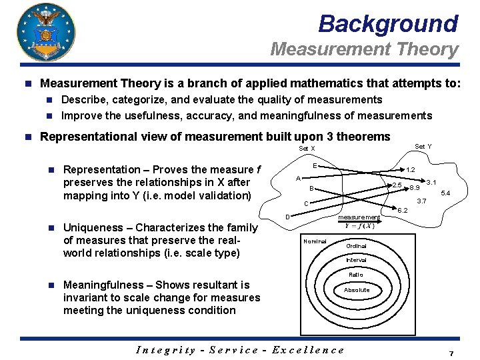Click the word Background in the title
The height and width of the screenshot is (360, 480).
click(388, 24)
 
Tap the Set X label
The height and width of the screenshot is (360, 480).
click(307, 148)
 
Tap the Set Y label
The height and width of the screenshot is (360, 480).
click(423, 146)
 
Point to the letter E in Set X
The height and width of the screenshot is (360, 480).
click(314, 165)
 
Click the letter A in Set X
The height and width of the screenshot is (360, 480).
click(298, 178)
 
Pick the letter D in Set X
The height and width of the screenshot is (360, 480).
click(287, 216)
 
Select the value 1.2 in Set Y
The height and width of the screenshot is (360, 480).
click(411, 170)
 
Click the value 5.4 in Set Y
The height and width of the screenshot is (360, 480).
click(446, 193)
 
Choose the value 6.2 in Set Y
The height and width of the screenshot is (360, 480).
click(402, 211)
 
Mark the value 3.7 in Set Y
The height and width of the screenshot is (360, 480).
click(421, 201)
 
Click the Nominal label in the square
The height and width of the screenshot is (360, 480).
click(315, 241)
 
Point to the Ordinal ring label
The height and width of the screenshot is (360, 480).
click(356, 246)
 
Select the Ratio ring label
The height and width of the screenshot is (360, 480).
click(356, 275)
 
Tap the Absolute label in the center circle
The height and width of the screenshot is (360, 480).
click(356, 290)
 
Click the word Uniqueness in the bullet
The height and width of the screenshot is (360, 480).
click(94, 227)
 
